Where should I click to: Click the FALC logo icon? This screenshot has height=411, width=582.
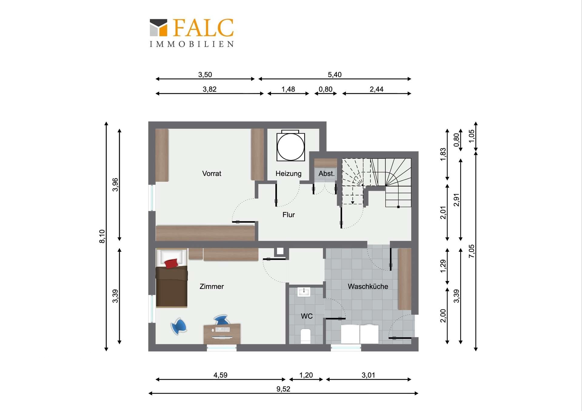pyautogui.click(x=159, y=28)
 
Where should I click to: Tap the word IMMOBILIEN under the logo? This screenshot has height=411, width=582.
pyautogui.click(x=192, y=44)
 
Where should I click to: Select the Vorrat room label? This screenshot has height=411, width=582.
pyautogui.click(x=212, y=174)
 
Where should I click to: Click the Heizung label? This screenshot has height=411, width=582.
pyautogui.click(x=288, y=174)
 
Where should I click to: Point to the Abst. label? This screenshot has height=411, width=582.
pyautogui.click(x=326, y=174)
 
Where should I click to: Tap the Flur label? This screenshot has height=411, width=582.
pyautogui.click(x=289, y=215)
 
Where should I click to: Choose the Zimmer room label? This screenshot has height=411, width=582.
pyautogui.click(x=212, y=287)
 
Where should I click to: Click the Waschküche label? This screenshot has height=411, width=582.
pyautogui.click(x=368, y=287)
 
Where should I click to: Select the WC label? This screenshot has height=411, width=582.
pyautogui.click(x=306, y=316)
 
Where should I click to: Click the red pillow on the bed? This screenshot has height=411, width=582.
pyautogui.click(x=171, y=263)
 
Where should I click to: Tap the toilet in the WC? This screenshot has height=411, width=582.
pyautogui.click(x=306, y=336)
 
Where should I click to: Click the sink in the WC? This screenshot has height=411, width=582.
pyautogui.click(x=304, y=292)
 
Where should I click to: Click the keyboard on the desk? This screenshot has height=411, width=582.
pyautogui.click(x=222, y=330)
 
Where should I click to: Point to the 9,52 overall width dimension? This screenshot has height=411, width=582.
pyautogui.click(x=283, y=389)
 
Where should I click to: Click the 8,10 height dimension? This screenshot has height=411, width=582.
pyautogui.click(x=102, y=236)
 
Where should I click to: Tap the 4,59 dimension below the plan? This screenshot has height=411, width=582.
pyautogui.click(x=220, y=375)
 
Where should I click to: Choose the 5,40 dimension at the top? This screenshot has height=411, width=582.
pyautogui.click(x=335, y=75)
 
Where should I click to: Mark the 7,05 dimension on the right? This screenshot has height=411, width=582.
pyautogui.click(x=471, y=251)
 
